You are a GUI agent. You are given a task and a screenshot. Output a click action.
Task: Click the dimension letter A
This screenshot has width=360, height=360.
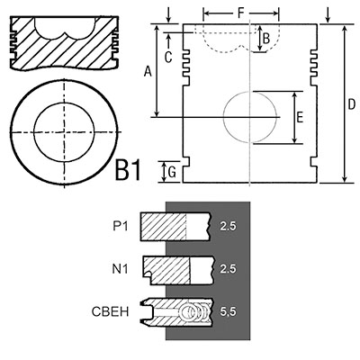point(148,71)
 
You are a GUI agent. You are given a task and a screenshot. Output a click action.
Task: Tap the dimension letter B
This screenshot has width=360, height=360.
point(266,39)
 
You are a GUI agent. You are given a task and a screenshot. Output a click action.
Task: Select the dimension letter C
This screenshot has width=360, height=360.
point(168,57)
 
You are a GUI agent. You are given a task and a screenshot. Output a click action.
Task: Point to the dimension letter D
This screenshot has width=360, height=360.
point(351,104)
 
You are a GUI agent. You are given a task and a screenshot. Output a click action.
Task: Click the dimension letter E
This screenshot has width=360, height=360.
point(300,117)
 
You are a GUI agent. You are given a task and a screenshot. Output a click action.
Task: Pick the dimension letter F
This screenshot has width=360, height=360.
point(240,13)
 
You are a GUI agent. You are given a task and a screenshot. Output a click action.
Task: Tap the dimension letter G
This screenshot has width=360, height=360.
point(172,172)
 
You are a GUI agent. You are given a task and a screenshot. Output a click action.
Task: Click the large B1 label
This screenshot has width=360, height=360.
point(128,171)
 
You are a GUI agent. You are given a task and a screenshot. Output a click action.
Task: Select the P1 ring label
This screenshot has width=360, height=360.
point(121,226)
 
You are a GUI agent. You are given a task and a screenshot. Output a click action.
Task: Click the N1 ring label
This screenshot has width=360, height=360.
point(120,269)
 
